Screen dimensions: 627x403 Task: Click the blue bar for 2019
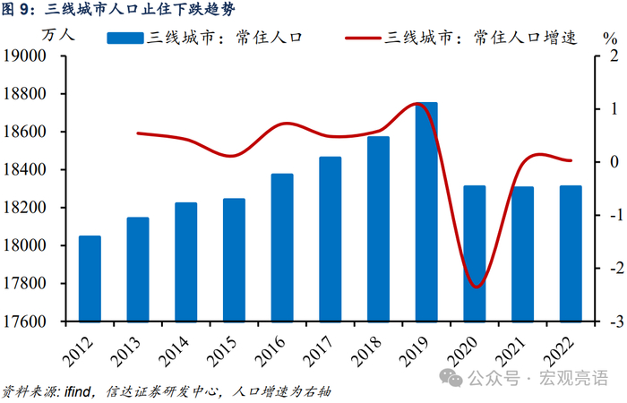coord(426,212)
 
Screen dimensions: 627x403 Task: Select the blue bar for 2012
coord(90,279)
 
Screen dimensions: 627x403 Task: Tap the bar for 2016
coord(282,247)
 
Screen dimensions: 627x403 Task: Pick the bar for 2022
coord(571,253)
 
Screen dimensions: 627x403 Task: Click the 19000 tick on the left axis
coord(25,56)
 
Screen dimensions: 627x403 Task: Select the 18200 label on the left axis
coord(25,208)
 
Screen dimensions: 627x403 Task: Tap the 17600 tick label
coord(25,322)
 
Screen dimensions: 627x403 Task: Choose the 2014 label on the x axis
coord(174,352)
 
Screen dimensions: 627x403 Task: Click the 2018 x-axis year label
coord(365,352)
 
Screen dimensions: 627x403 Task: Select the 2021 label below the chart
coord(510,352)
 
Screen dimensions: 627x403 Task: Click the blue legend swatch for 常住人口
coord(125,38)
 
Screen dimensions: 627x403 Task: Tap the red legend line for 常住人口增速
coord(363,38)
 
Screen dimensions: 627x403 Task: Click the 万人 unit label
coord(58,35)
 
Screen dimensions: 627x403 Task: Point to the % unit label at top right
coord(610,39)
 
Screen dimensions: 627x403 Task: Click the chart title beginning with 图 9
coord(118,9)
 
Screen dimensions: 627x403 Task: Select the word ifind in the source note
coord(78,391)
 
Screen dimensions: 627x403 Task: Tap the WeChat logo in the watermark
coord(451,377)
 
